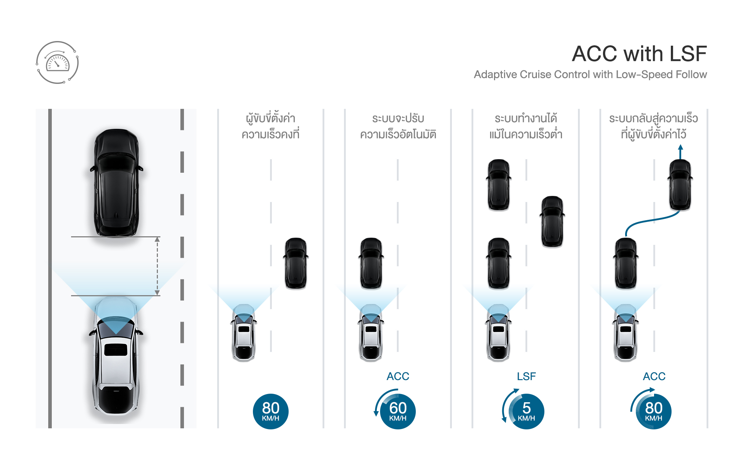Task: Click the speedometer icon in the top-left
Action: pyautogui.click(x=57, y=63)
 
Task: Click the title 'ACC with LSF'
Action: pyautogui.click(x=639, y=54)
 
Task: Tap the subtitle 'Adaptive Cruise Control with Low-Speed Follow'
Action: pyautogui.click(x=590, y=75)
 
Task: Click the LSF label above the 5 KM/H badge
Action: pyautogui.click(x=526, y=376)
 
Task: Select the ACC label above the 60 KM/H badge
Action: pyautogui.click(x=398, y=376)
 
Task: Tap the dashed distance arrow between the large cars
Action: pyautogui.click(x=157, y=266)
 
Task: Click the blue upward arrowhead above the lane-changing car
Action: pyautogui.click(x=680, y=147)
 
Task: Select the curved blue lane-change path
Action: pyautogui.click(x=652, y=221)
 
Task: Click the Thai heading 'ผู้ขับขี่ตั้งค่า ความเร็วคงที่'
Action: pyautogui.click(x=270, y=126)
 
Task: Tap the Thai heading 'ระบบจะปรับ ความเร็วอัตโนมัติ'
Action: pyautogui.click(x=398, y=126)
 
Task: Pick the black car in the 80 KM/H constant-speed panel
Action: pyautogui.click(x=296, y=263)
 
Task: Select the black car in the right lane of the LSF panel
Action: pyautogui.click(x=552, y=221)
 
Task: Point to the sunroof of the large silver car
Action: pyautogui.click(x=116, y=349)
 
